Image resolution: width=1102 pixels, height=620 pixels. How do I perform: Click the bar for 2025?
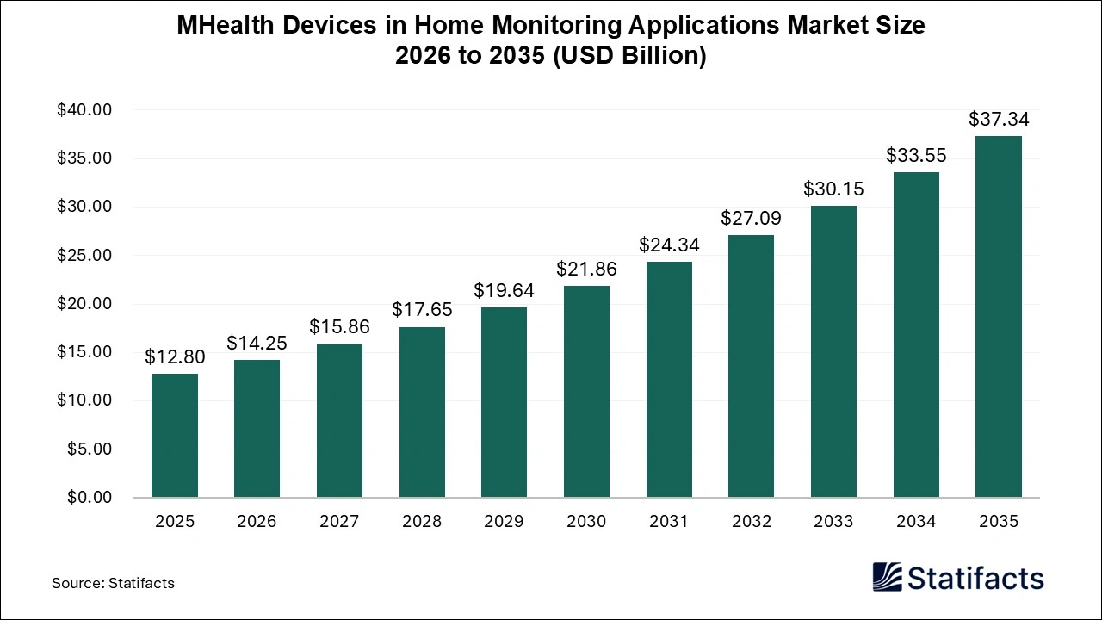point(174,435)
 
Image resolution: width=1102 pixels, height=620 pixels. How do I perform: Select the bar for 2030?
point(586,392)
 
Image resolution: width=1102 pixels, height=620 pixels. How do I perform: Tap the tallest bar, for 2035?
point(999,317)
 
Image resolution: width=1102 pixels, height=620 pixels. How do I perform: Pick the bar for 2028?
point(422,412)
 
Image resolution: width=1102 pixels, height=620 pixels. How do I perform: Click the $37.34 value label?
point(999,119)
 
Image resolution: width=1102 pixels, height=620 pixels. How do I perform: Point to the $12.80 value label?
point(174,356)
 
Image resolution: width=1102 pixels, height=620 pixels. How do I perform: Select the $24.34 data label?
point(669,245)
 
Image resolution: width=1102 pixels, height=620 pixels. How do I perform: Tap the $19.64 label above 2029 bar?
point(504,290)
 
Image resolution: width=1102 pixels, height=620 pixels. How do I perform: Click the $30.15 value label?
point(833,189)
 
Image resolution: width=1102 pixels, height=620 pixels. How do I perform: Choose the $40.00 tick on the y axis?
point(84,110)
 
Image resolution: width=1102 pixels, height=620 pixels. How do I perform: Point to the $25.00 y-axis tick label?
point(84,256)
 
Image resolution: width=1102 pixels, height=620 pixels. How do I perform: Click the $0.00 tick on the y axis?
point(88,498)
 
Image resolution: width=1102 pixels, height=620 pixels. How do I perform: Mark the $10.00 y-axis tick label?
point(84,400)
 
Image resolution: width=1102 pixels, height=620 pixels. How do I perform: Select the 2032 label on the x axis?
point(751,522)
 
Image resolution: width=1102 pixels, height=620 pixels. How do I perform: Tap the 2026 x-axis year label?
point(257,522)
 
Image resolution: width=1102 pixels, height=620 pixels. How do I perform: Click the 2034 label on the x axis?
point(916,522)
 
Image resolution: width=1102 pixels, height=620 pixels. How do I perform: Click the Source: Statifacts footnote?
point(113,583)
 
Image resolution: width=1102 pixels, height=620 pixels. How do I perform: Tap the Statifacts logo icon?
point(887,577)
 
